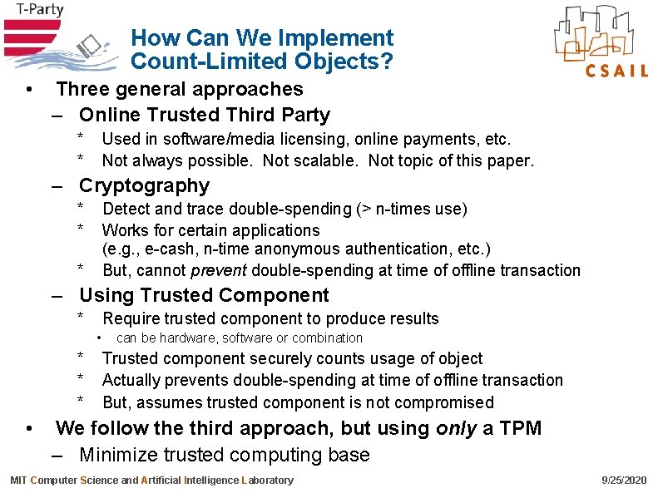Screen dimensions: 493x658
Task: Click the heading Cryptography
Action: point(144,185)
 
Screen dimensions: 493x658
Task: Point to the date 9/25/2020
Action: point(624,481)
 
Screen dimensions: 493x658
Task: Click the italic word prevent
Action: point(219,270)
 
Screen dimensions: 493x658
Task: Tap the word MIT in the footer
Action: point(17,481)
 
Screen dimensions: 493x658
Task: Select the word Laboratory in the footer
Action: point(267,481)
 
